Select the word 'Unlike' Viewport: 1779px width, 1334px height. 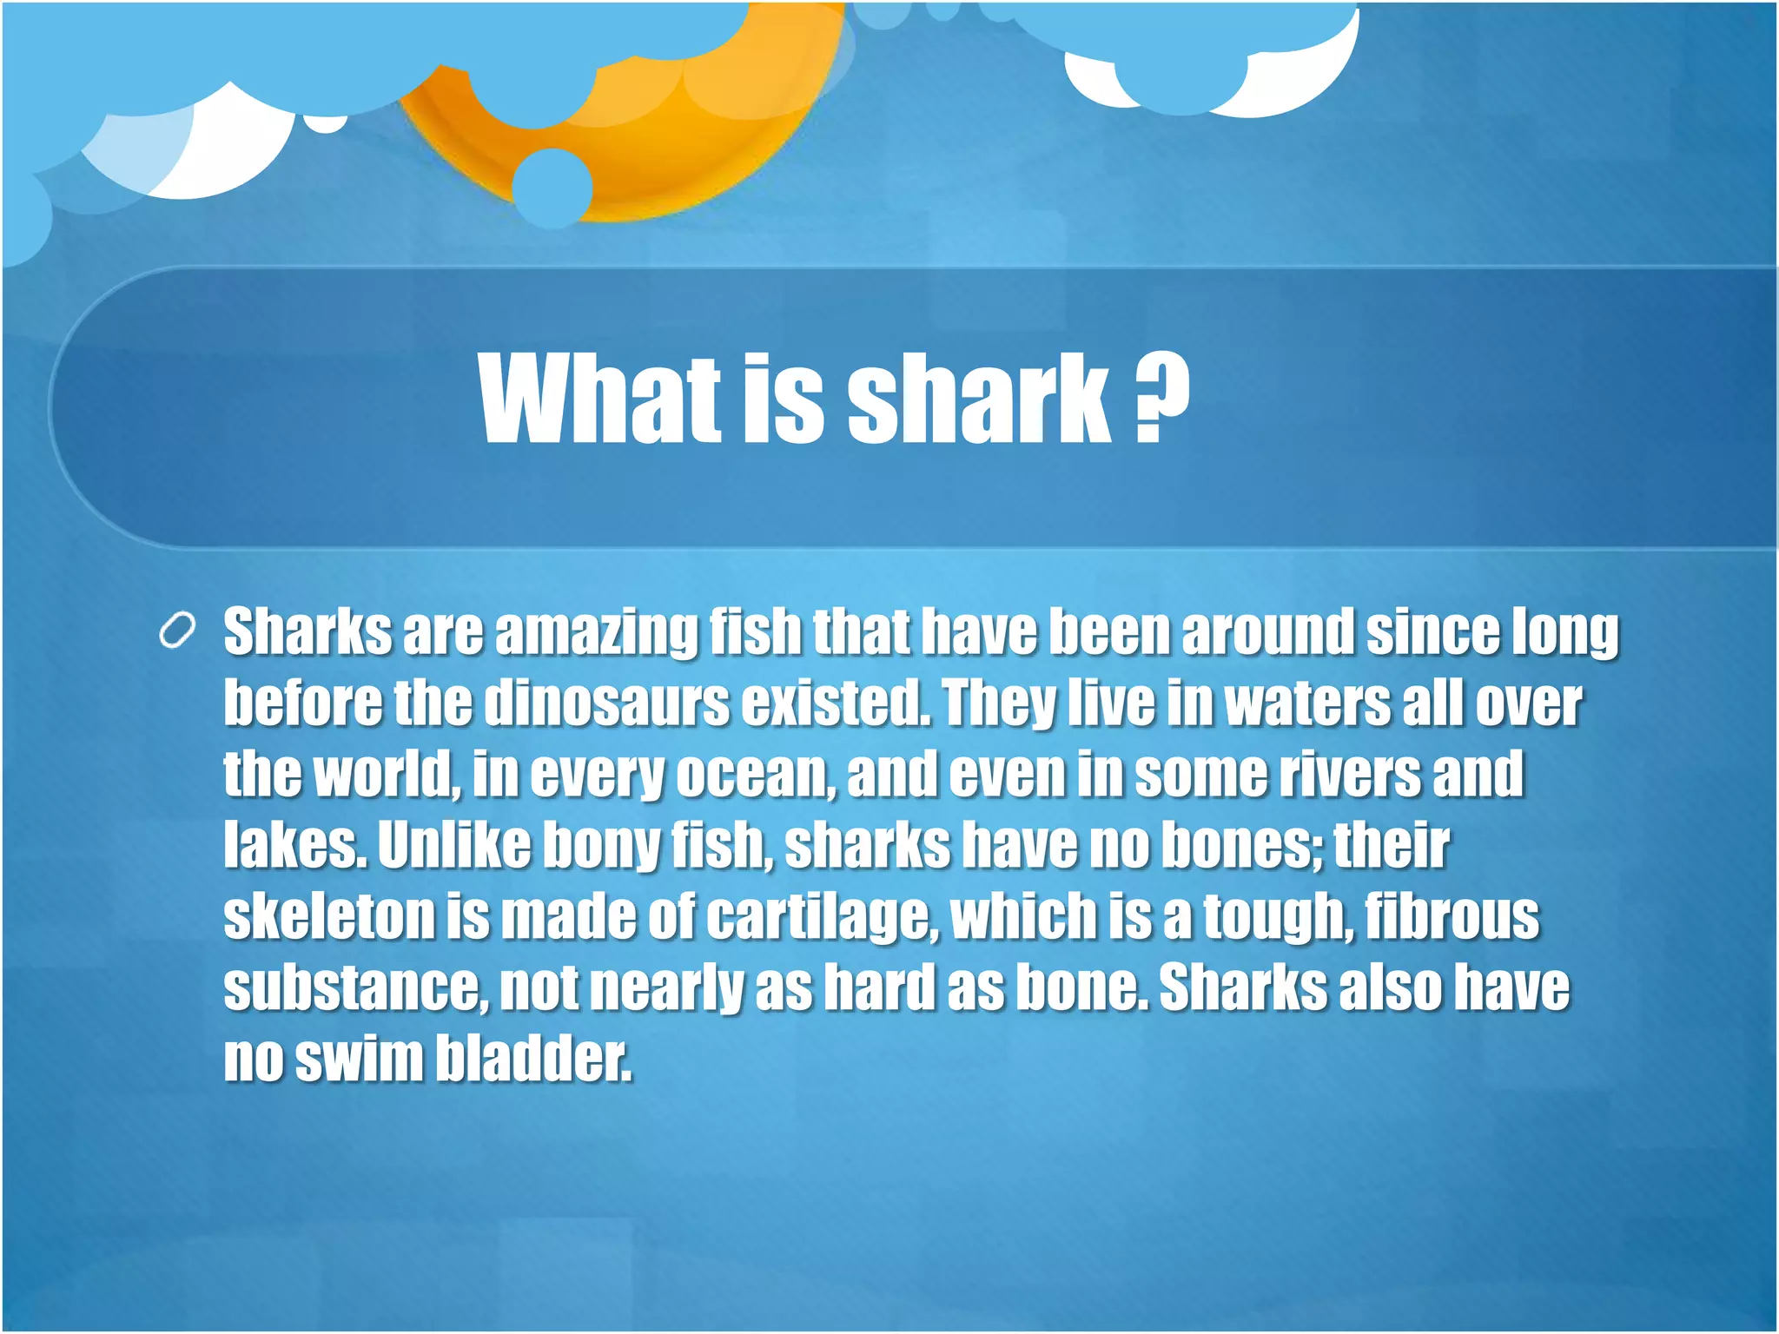point(453,844)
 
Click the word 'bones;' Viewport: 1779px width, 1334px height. point(1243,844)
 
